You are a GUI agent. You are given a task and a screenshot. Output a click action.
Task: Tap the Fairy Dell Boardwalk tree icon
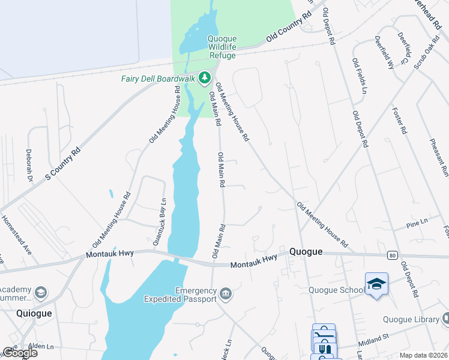[205, 77]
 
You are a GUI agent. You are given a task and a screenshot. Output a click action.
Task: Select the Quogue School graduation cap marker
[376, 283]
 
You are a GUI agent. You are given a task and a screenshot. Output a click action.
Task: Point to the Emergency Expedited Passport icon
[226, 293]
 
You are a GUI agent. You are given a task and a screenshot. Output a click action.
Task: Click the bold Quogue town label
[307, 251]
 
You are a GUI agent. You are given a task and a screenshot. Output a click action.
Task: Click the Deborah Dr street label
[29, 165]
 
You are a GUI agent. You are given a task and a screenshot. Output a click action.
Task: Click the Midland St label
[374, 342]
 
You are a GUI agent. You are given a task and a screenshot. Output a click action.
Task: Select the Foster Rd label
[400, 121]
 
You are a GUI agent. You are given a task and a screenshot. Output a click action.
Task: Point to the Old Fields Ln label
[360, 76]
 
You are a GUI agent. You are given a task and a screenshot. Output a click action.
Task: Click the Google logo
[20, 353]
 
